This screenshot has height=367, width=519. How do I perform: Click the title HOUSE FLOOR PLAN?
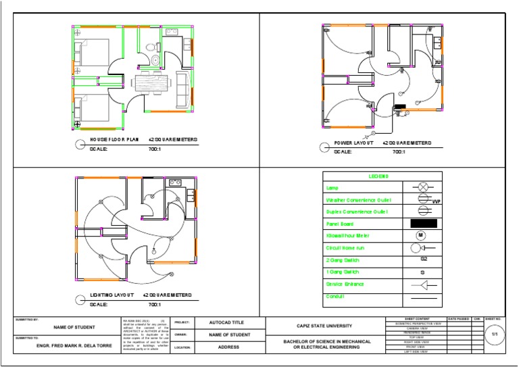click(114, 140)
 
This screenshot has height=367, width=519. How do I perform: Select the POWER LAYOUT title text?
click(354, 143)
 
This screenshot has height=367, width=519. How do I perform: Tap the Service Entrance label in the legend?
click(345, 284)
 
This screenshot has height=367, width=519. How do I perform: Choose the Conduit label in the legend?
click(335, 296)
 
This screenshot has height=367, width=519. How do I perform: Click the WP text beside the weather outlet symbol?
click(436, 201)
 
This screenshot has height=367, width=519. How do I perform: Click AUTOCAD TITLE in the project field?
click(230, 323)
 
